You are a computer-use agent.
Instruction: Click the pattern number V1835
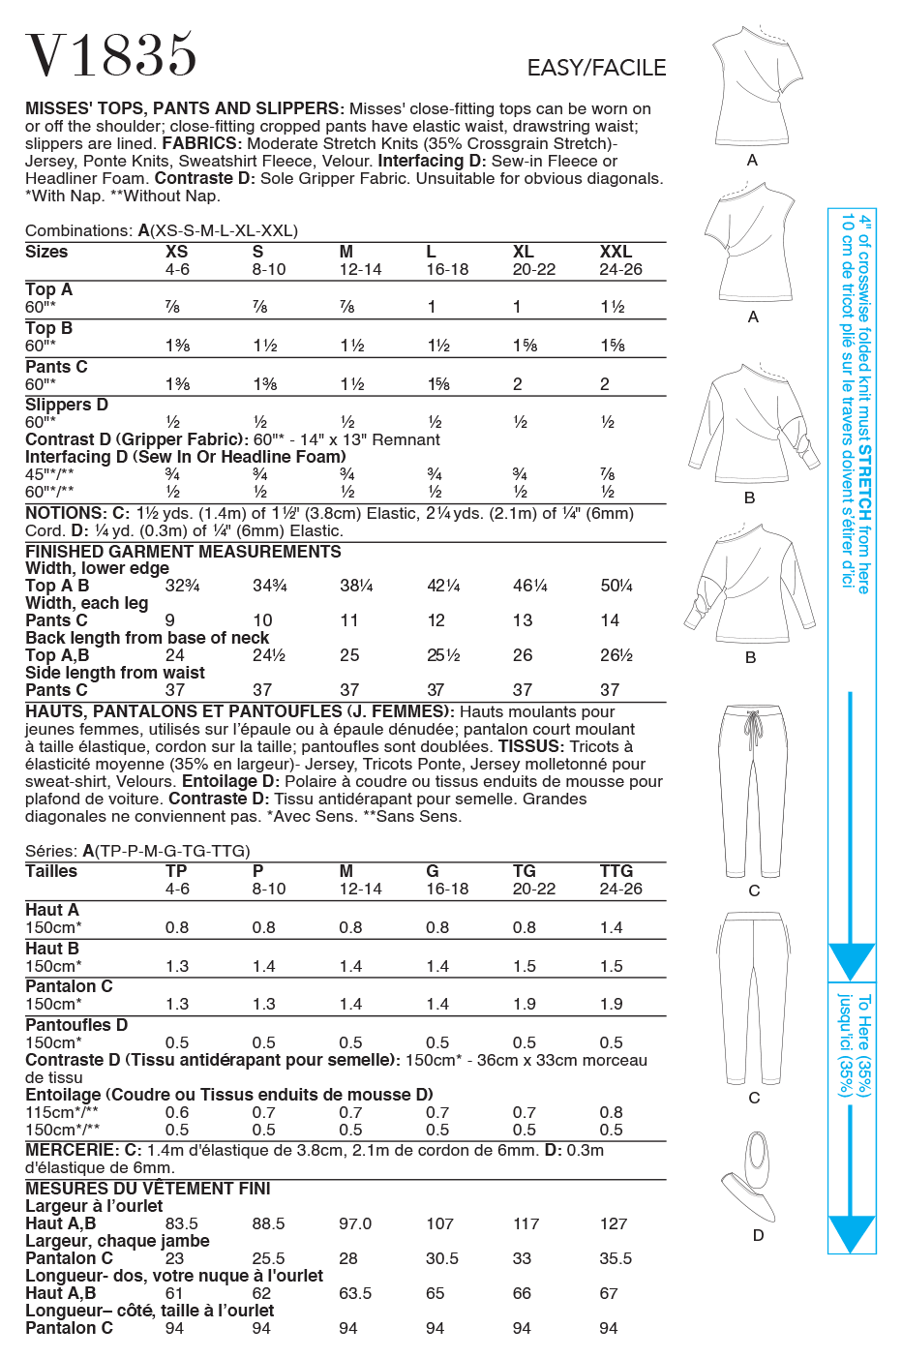click(111, 56)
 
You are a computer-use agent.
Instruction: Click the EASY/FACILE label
click(596, 68)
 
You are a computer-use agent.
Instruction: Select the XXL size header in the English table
click(616, 252)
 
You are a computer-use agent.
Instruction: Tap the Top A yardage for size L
click(432, 307)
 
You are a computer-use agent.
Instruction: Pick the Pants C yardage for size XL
click(518, 384)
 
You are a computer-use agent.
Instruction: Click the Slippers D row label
click(67, 405)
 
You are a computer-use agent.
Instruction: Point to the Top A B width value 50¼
click(616, 586)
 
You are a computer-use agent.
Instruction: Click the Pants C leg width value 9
click(170, 620)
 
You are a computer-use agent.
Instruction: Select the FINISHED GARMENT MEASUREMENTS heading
click(183, 552)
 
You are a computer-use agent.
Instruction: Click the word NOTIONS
click(65, 513)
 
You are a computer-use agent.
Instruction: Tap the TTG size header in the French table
click(616, 871)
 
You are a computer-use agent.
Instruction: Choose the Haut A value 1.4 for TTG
click(612, 927)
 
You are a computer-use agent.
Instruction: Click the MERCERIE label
click(71, 1150)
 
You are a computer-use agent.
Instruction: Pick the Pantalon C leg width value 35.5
click(616, 1258)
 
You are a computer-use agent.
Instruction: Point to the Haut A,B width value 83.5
click(181, 1223)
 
